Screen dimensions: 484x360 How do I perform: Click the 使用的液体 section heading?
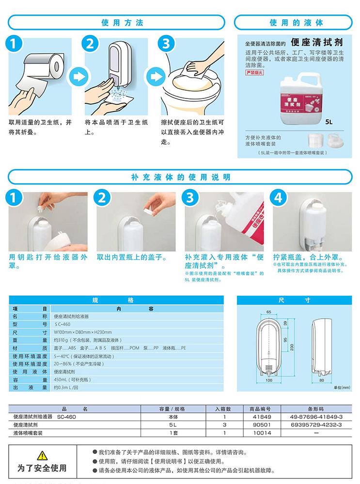(x=296, y=23)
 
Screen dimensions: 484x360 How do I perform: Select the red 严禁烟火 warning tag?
(x=255, y=73)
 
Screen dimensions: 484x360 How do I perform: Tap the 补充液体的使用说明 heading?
(x=180, y=177)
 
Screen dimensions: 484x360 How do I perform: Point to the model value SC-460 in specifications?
(x=63, y=324)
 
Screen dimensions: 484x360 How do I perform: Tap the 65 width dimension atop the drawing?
(x=268, y=312)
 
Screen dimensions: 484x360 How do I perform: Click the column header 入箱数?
(x=223, y=409)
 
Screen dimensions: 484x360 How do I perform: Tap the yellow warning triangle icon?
(x=42, y=455)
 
